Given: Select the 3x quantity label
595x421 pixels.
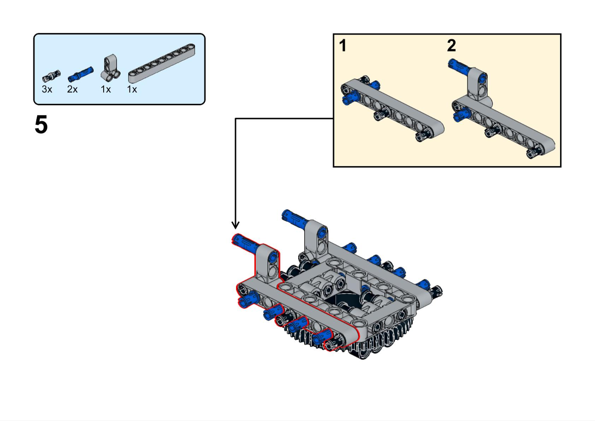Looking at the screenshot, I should coord(47,89).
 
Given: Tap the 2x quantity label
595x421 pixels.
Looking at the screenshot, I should coord(72,89).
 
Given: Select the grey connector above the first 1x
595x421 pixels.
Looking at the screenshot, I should coord(111,67).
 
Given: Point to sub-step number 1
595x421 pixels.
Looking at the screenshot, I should coord(343,46).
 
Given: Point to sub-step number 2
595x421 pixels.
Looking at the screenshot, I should coord(451,46).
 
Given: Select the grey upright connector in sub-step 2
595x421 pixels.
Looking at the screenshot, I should coord(479,85).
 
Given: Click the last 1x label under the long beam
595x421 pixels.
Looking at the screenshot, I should coord(132,89).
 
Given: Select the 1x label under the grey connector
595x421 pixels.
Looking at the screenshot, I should coord(106,89).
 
